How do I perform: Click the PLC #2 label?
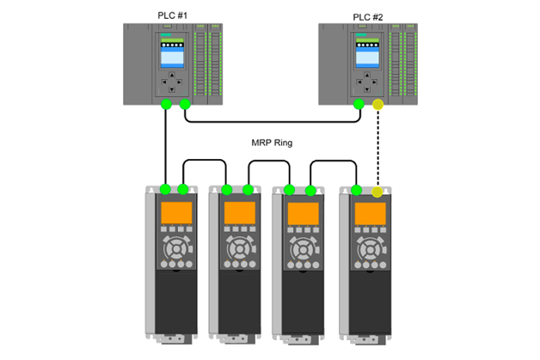coord(369,16)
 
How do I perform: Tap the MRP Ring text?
coord(272,143)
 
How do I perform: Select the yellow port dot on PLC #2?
coord(378,106)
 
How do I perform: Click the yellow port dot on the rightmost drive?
coord(378,189)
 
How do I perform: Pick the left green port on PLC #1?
coord(165,106)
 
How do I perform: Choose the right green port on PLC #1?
coord(185,106)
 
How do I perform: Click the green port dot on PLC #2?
coord(359,106)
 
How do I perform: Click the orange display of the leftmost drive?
coord(173,213)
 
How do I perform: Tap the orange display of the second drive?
coord(237,213)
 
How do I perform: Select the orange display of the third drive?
coord(301,213)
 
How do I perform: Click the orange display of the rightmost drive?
coord(370,213)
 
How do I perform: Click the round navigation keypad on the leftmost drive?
coord(173,252)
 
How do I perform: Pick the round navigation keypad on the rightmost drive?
coord(370,252)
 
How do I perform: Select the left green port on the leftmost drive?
coord(165,189)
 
